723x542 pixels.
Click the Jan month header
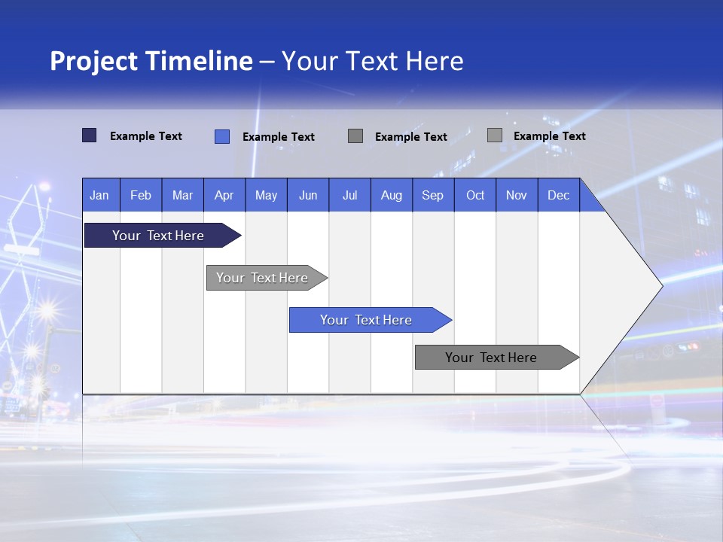[100, 195]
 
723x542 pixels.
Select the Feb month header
[141, 195]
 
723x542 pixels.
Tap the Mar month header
[182, 195]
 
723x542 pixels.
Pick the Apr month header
[224, 195]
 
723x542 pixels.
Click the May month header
[266, 195]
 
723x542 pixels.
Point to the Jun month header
[308, 195]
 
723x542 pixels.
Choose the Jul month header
[349, 195]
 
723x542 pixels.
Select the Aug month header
[392, 195]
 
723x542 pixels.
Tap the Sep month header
[433, 195]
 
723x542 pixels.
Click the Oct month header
[475, 195]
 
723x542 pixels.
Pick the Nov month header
[517, 195]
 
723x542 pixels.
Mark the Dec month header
[559, 195]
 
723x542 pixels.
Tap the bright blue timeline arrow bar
[367, 320]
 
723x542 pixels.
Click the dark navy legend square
[90, 135]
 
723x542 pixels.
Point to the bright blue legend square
[222, 136]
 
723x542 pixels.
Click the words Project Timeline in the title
[151, 61]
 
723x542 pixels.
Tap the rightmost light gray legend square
[495, 135]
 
